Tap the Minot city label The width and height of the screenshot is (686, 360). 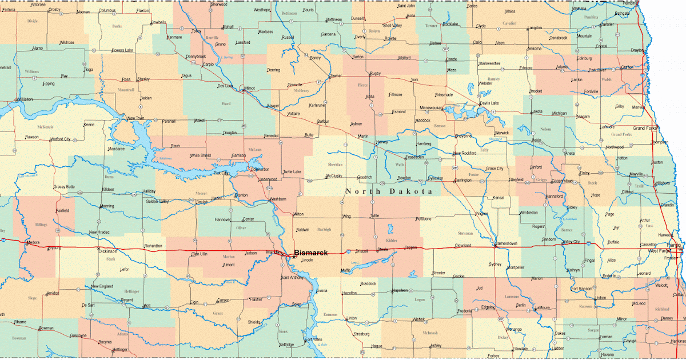click(x=249, y=89)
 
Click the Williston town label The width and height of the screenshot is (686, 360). click(x=25, y=99)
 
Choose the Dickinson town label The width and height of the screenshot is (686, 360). click(x=107, y=251)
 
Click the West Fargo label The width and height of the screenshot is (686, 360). click(x=660, y=251)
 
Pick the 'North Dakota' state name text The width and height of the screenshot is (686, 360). click(x=388, y=191)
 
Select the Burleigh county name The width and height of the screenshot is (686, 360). click(x=324, y=230)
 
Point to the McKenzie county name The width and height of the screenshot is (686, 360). click(x=45, y=126)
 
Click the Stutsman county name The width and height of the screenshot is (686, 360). click(x=465, y=233)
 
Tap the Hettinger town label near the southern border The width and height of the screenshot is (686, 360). click(x=120, y=349)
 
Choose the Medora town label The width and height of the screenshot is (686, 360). click(x=33, y=242)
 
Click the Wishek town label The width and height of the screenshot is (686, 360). click(x=420, y=319)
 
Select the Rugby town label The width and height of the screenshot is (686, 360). click(x=375, y=74)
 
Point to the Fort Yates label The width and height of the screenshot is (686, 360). click(x=314, y=339)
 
